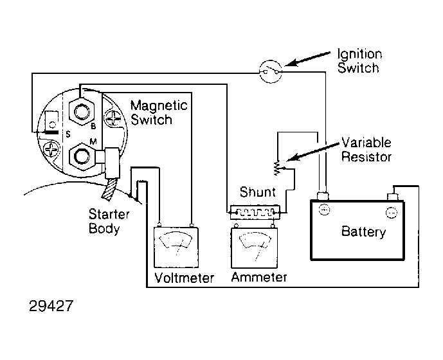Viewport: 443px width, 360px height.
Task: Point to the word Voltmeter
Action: click(184, 278)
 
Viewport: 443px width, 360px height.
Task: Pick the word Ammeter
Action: click(259, 278)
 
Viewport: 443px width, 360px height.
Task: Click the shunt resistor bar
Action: click(254, 210)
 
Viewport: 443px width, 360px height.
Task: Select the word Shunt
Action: click(257, 192)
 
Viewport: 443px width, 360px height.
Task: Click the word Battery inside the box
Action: click(364, 231)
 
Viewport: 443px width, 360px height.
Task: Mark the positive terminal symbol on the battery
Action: click(325, 210)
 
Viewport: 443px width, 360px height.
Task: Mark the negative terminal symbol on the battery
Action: click(390, 211)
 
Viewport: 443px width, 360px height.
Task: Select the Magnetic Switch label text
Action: click(158, 112)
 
